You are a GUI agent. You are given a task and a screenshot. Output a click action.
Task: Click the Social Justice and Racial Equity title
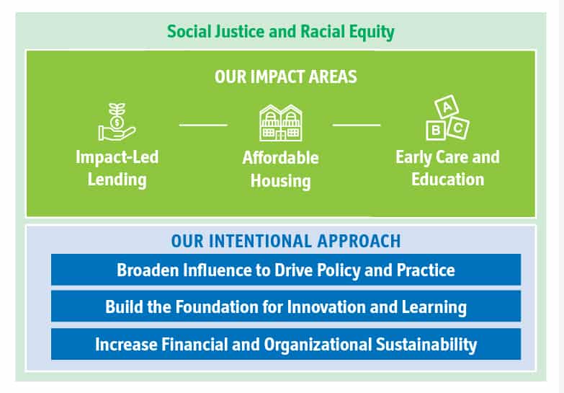[x=281, y=32]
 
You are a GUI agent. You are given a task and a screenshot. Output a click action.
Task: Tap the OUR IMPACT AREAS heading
[x=285, y=76]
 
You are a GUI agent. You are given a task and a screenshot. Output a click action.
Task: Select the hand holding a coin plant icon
[x=117, y=122]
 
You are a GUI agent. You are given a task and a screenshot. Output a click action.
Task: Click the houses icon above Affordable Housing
[x=281, y=123]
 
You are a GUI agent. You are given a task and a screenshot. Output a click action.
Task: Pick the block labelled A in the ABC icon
[x=447, y=107]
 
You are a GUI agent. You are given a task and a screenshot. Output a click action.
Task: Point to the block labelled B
[x=436, y=130]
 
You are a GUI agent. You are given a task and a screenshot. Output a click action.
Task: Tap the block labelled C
[x=458, y=128]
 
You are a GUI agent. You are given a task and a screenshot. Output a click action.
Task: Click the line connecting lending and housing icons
[x=203, y=125]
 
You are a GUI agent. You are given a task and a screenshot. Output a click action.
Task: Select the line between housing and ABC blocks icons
[x=357, y=125]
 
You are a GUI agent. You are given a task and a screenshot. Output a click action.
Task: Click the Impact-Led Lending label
[x=117, y=169]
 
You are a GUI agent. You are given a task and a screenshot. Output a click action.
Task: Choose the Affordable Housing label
[x=281, y=169]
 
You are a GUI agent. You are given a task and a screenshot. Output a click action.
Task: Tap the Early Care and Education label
[x=448, y=168]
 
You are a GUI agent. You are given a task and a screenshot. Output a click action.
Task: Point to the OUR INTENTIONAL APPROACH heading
[x=286, y=241]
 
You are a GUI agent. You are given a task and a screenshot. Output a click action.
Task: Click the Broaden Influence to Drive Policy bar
[x=286, y=270]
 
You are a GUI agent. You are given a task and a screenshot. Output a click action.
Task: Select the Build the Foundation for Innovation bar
[x=286, y=306]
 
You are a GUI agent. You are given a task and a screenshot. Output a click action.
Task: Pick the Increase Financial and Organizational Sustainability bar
[x=286, y=344]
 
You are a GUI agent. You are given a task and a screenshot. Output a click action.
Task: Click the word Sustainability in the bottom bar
[x=426, y=345]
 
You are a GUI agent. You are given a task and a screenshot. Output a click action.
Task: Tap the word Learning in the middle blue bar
[x=434, y=307]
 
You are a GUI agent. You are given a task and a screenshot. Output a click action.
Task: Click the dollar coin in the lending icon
[x=117, y=123]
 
